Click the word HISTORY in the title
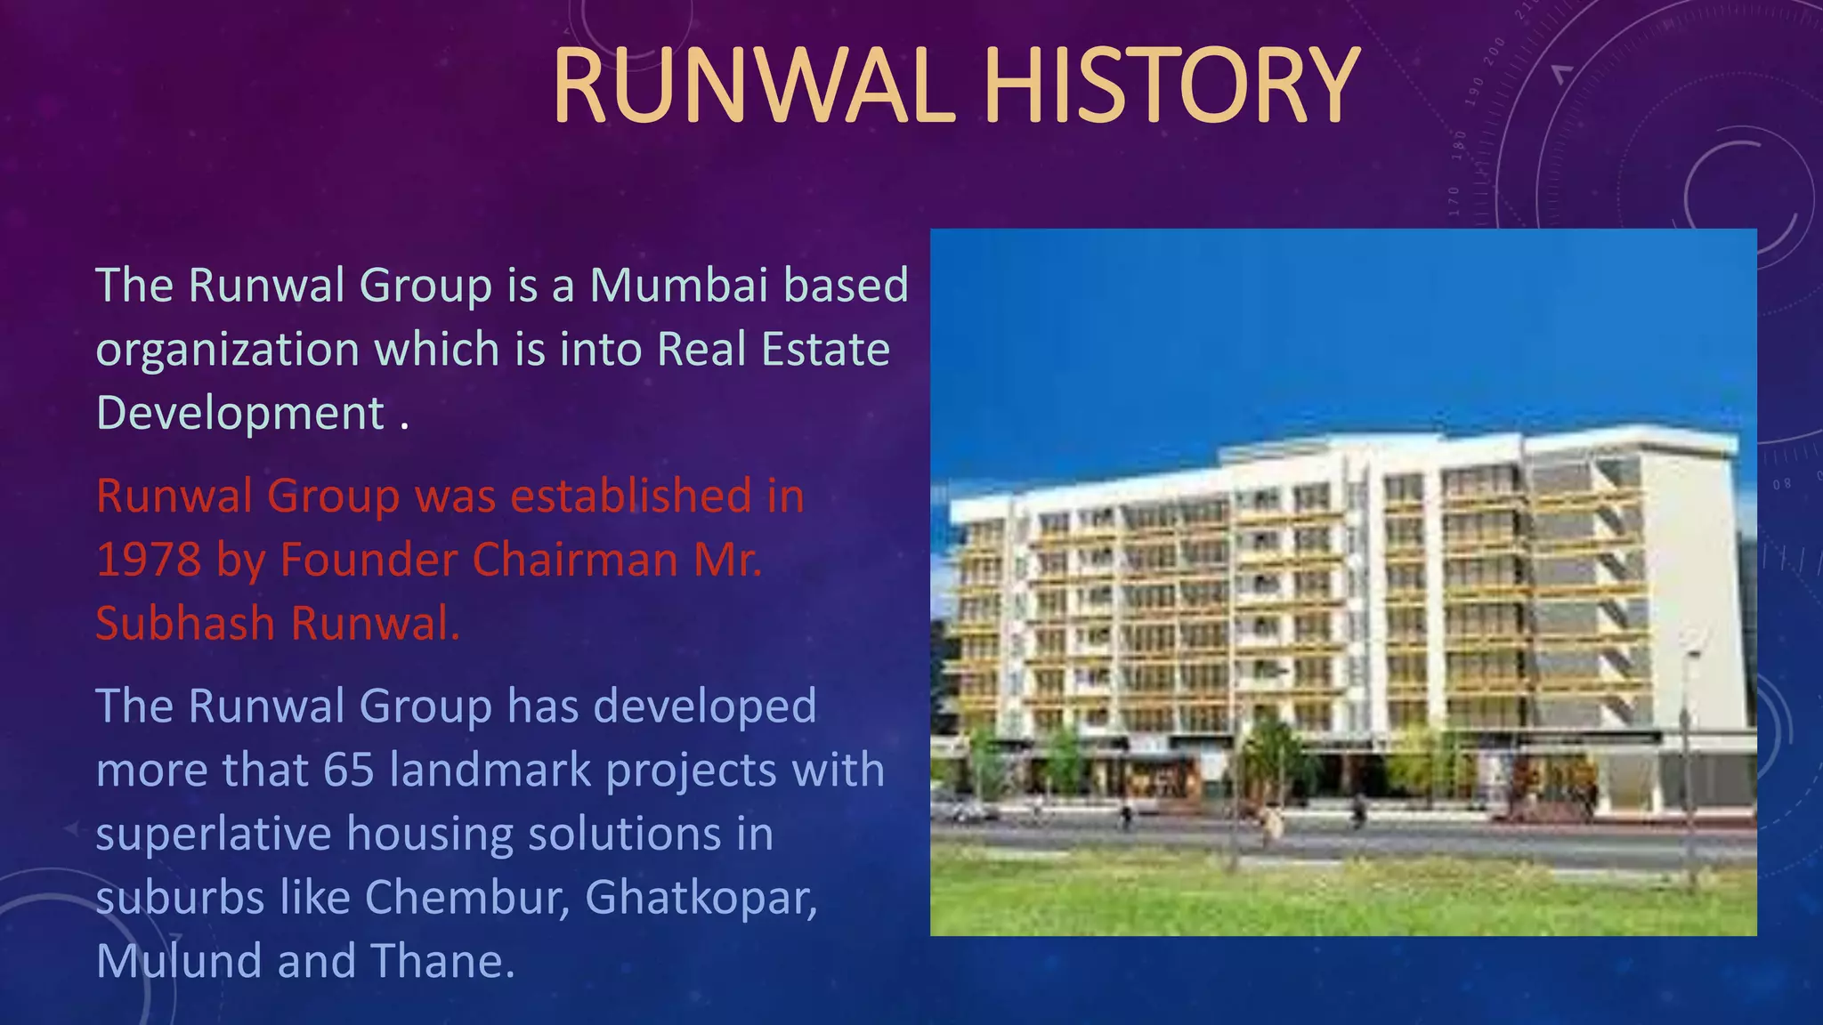[x=1171, y=86]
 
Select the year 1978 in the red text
[x=149, y=560]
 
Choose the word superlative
[x=214, y=834]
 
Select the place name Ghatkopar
[x=701, y=897]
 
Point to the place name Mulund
[x=179, y=961]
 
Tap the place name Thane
[x=442, y=961]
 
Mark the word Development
[x=240, y=413]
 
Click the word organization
[x=228, y=349]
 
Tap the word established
[x=631, y=496]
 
